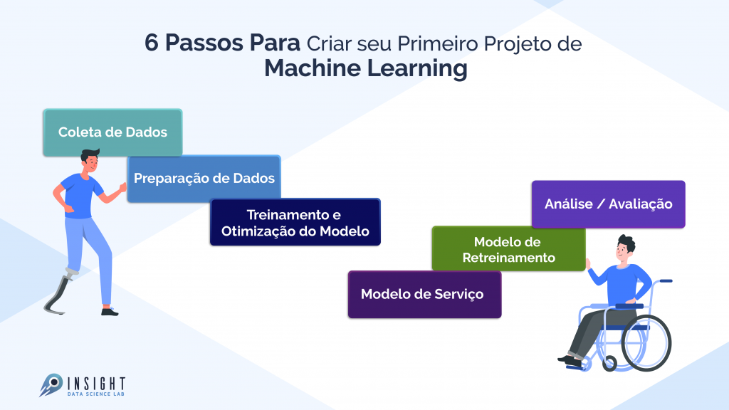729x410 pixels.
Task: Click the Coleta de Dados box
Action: point(112,132)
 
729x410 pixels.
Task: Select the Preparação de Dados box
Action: point(204,179)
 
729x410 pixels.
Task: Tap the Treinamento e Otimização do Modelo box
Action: point(295,223)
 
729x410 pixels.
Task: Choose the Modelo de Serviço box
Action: point(424,294)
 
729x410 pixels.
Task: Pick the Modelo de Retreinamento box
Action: point(508,249)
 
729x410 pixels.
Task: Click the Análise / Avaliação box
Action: point(608,204)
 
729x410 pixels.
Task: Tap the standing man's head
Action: point(89,162)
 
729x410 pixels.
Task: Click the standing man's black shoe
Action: point(109,311)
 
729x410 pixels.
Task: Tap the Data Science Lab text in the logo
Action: point(95,393)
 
